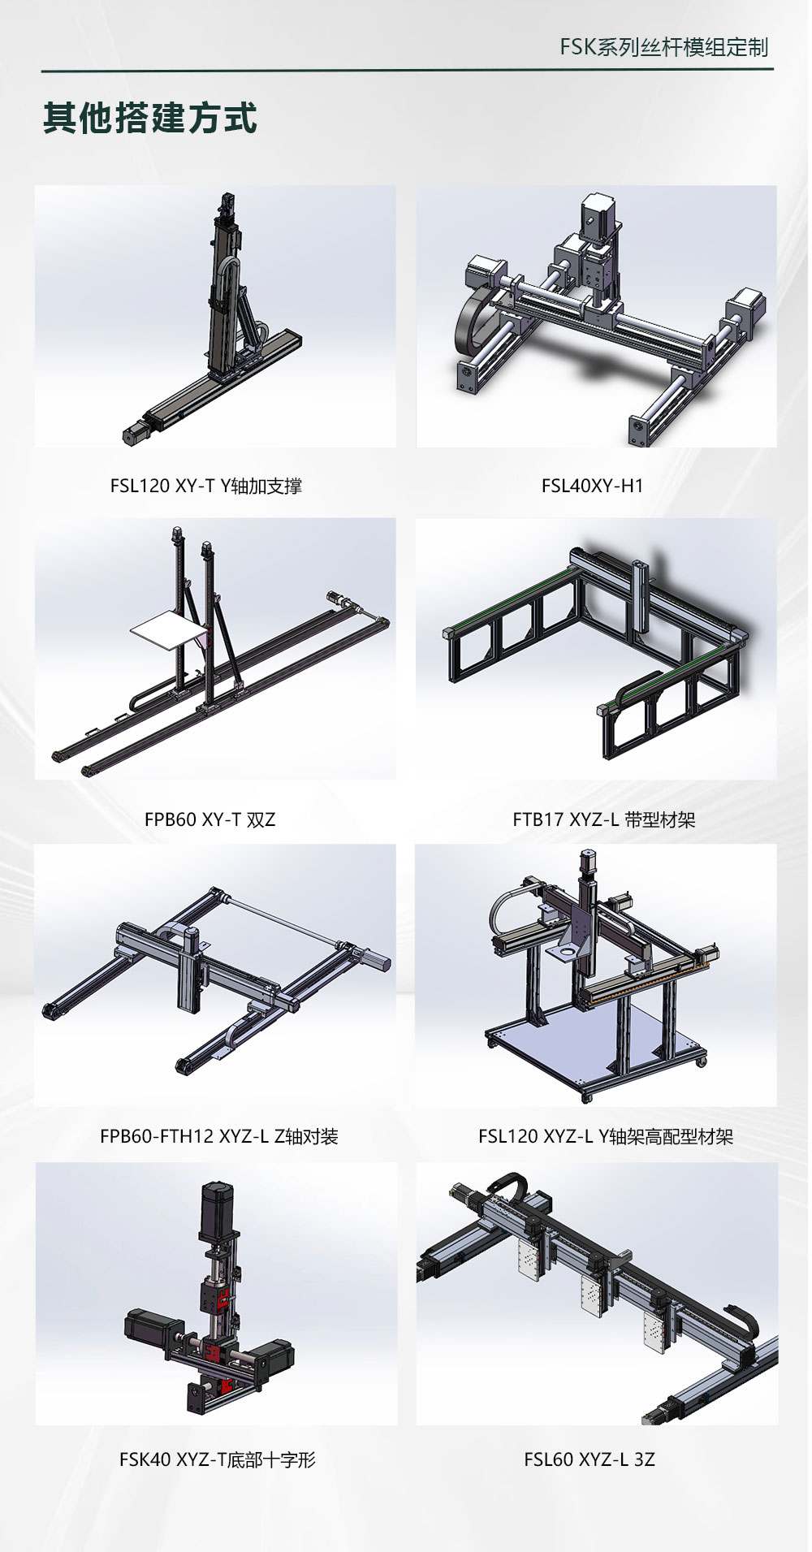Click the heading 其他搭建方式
(x=150, y=119)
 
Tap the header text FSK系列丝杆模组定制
(x=663, y=47)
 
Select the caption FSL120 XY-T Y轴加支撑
(x=206, y=486)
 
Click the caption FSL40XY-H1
(x=592, y=486)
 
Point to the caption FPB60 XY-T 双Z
(x=209, y=819)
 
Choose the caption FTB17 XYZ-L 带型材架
(x=604, y=819)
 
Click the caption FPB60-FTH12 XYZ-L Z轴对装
(x=219, y=1136)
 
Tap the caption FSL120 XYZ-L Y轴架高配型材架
(x=606, y=1136)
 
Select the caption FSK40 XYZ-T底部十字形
(x=217, y=1459)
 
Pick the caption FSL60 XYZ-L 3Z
(x=590, y=1459)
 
